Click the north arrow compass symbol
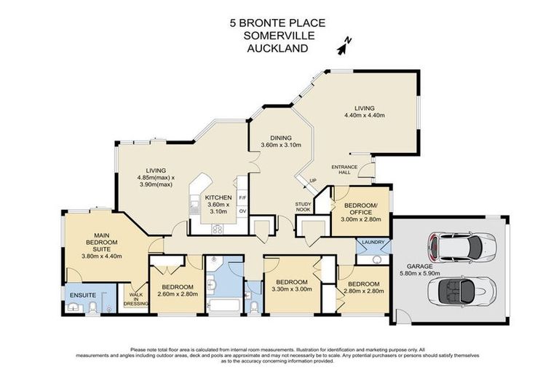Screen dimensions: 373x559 (344, 46)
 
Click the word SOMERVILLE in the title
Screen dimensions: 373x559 (279, 36)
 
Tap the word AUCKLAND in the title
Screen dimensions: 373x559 (279, 49)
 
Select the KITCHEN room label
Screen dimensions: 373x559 (218, 197)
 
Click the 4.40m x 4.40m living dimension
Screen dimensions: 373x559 (364, 114)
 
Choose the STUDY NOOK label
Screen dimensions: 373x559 (304, 207)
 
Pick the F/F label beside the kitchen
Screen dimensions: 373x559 (242, 197)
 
